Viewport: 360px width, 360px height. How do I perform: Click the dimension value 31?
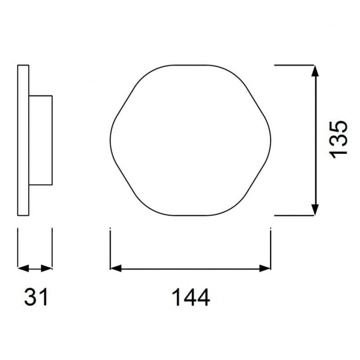coord(36,297)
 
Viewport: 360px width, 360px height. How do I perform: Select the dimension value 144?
coord(190,297)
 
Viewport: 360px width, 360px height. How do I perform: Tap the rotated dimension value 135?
coord(339,138)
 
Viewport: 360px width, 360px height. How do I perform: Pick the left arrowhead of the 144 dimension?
coord(114,268)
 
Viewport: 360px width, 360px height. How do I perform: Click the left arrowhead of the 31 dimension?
coord(22,268)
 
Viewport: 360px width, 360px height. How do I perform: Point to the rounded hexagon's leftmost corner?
coord(111,140)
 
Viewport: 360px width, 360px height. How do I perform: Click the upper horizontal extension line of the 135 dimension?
coord(296,65)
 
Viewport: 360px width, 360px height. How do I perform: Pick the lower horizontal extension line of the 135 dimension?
coord(296,215)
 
